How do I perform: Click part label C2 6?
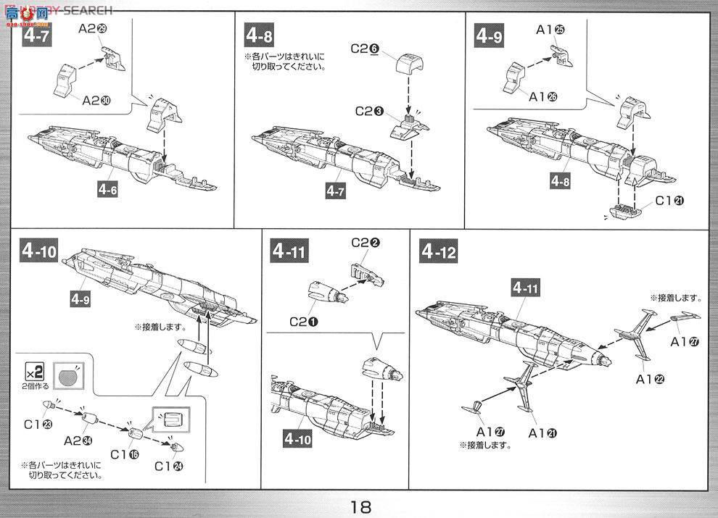coord(365,49)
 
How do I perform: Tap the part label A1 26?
coord(543,96)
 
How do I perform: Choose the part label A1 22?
coord(651,378)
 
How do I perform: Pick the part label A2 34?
coord(78,440)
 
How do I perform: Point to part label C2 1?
coord(304,319)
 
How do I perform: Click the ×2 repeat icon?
coord(36,372)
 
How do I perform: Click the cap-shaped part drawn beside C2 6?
coord(409,64)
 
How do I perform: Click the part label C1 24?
coord(169,467)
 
